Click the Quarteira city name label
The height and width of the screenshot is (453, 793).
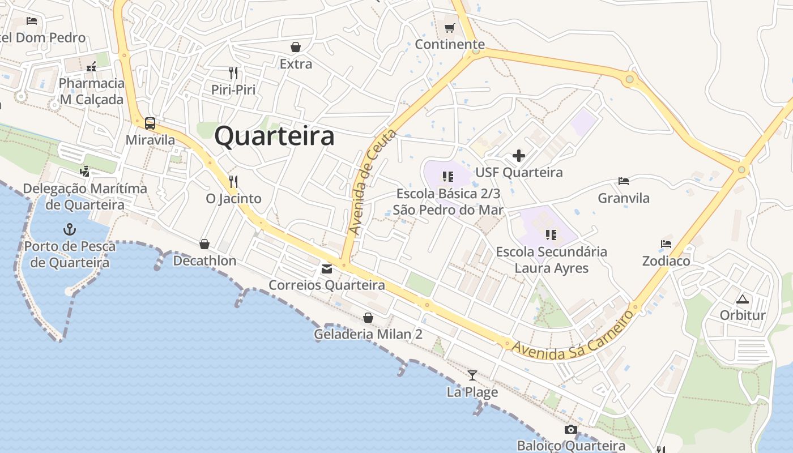275,137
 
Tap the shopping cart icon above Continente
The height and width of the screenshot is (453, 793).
449,28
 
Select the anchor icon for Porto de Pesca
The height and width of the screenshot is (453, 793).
70,229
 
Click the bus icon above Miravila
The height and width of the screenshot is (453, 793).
150,123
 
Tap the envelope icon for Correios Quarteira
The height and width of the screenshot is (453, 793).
327,269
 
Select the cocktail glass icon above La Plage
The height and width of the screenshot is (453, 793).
472,375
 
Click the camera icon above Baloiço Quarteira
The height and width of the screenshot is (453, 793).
571,429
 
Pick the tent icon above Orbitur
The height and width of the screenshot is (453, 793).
742,298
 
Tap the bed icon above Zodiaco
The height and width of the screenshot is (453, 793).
666,244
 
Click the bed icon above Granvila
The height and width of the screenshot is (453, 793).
624,181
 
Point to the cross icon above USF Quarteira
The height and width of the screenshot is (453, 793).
518,156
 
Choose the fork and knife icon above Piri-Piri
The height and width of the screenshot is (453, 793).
233,72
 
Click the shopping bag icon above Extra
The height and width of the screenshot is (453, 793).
296,47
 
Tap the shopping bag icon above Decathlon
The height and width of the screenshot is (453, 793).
204,244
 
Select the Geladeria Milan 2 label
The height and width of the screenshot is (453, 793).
368,334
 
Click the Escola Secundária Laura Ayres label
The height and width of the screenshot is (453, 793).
551,260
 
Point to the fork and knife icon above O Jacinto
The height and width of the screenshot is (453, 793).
233,181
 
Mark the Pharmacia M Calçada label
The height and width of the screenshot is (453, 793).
92,91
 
